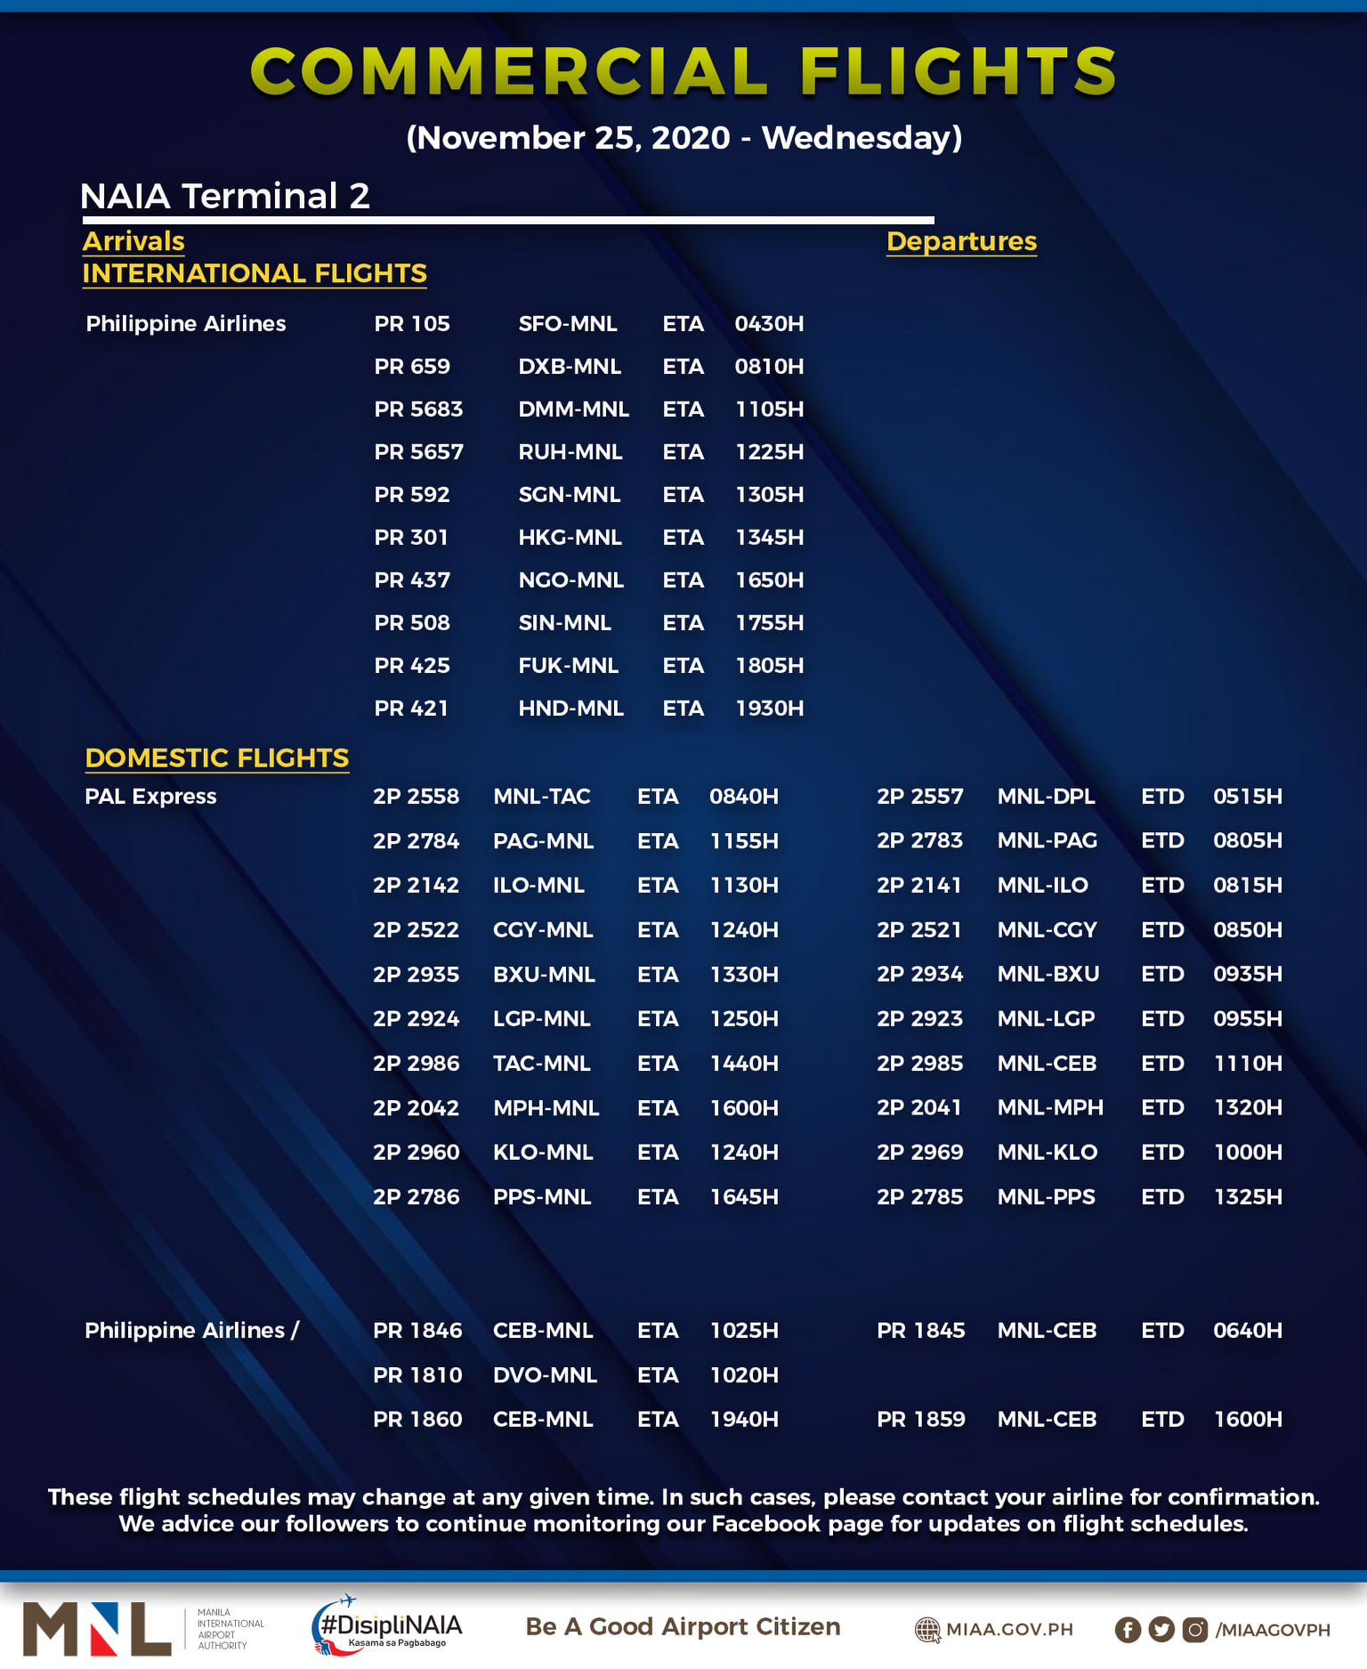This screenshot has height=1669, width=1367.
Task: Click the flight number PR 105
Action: [x=412, y=324]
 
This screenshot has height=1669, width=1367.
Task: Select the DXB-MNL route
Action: [x=570, y=367]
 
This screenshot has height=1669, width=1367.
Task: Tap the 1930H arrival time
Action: [x=769, y=709]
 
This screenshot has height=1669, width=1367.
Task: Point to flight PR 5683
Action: [x=418, y=409]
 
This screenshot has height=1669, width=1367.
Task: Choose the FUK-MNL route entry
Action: [x=568, y=666]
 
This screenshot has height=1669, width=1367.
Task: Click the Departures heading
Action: [x=961, y=241]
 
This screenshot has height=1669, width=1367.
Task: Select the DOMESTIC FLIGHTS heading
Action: [x=216, y=758]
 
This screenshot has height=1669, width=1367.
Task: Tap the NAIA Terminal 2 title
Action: [x=224, y=196]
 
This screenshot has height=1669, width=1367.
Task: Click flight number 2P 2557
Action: [x=919, y=797]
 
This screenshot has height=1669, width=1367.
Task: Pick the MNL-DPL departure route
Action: [x=1046, y=797]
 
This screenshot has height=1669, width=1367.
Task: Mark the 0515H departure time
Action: [x=1247, y=797]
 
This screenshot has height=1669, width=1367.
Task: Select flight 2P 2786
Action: [x=416, y=1197]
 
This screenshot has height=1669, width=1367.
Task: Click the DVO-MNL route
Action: [x=545, y=1375]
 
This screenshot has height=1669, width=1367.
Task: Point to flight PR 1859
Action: [x=920, y=1420]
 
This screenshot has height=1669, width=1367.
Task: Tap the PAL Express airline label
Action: [x=150, y=797]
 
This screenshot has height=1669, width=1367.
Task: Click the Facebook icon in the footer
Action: [x=1128, y=1630]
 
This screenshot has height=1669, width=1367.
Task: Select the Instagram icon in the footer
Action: [x=1195, y=1630]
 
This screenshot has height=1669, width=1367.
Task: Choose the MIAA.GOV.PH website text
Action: [x=1009, y=1630]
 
